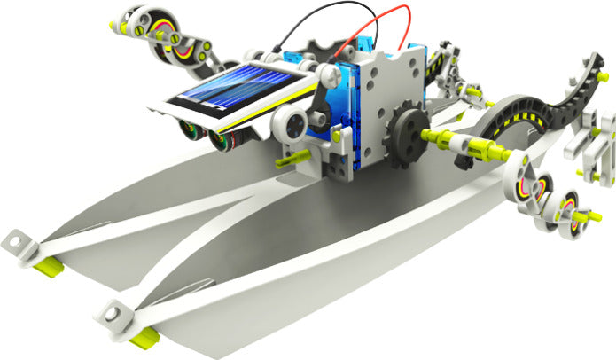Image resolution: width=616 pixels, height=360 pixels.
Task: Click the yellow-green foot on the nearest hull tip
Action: [143, 335]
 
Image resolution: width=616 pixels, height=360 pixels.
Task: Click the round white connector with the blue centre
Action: [291, 125]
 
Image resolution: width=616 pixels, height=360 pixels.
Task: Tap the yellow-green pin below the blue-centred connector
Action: [285, 160]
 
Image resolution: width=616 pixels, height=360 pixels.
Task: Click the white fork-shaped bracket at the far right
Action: [598, 146]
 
